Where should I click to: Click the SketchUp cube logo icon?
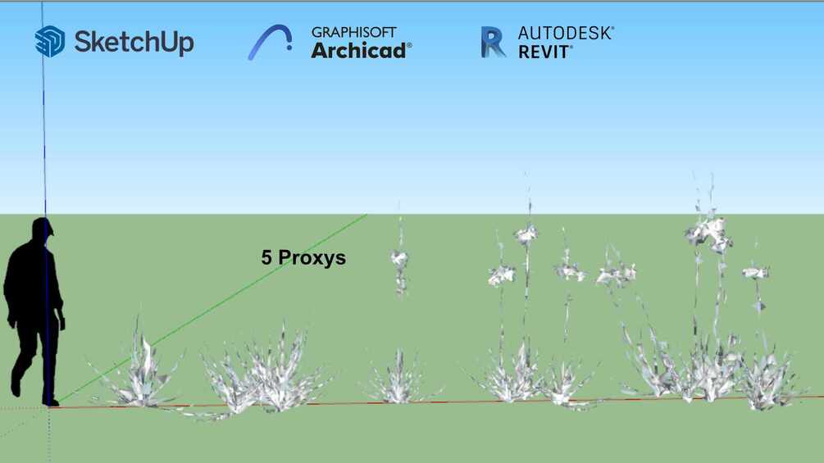(50, 42)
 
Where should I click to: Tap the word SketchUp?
(134, 42)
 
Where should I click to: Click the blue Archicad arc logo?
(270, 42)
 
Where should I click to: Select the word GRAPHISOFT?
(353, 32)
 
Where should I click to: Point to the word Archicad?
(358, 51)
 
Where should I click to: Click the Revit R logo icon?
(493, 42)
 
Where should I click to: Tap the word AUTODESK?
(564, 33)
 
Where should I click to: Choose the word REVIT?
(544, 52)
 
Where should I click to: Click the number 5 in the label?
(266, 257)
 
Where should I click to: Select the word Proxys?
(312, 258)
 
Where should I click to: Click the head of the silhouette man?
(42, 229)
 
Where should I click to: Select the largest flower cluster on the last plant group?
(708, 233)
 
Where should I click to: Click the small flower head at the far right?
(756, 272)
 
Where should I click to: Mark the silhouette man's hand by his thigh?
(62, 320)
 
